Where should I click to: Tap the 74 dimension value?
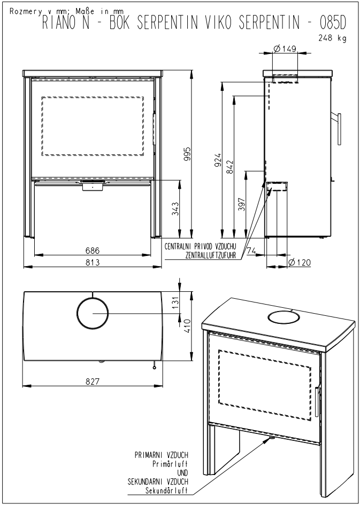(x=252, y=251)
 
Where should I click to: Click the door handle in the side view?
(x=339, y=129)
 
